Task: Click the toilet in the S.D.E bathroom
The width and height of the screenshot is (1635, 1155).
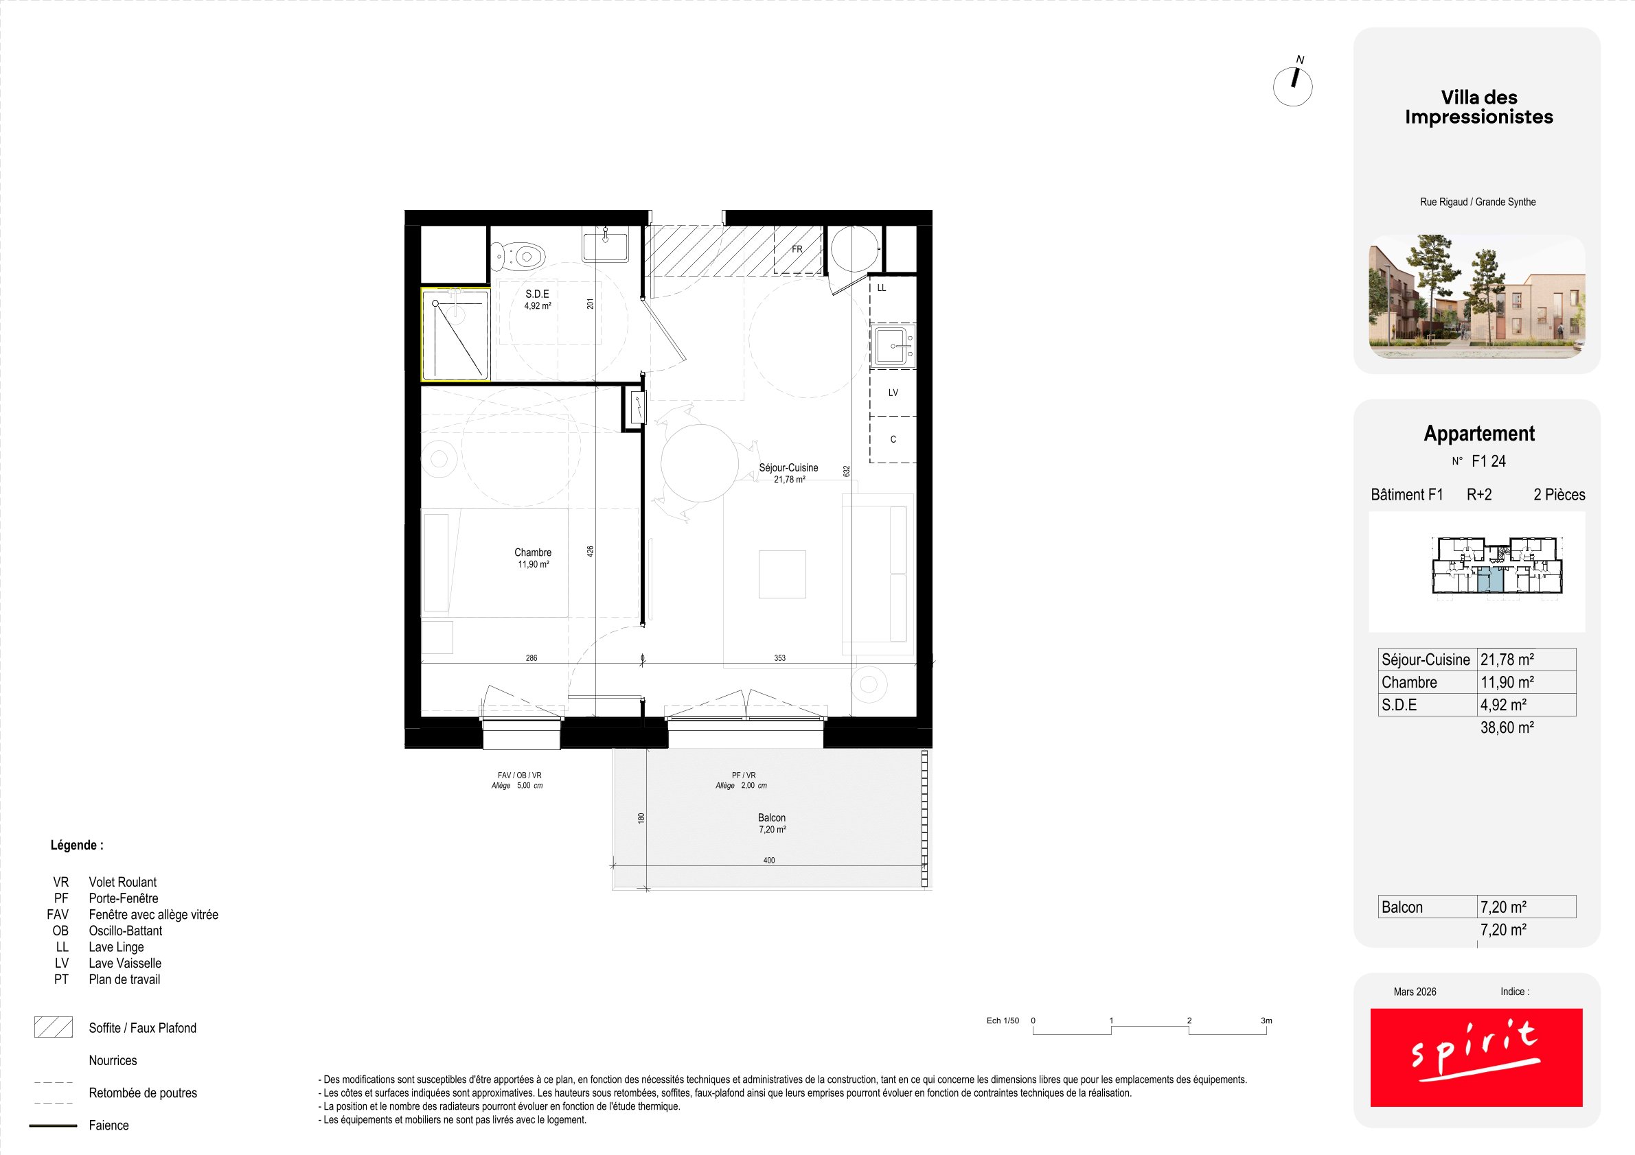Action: tap(518, 255)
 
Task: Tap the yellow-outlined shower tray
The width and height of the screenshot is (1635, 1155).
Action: tap(455, 334)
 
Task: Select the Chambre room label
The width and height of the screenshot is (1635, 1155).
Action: tap(533, 552)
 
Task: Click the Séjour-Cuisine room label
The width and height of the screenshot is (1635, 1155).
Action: tap(788, 467)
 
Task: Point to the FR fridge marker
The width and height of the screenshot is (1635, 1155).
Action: tap(797, 249)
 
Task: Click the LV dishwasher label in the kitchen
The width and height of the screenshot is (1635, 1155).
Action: tap(893, 393)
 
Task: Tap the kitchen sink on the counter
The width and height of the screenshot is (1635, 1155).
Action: tap(893, 346)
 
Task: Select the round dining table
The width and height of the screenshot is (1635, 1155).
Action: tap(699, 463)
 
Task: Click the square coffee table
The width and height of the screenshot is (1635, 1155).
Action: tap(782, 574)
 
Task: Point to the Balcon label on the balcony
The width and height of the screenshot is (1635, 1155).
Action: tap(771, 817)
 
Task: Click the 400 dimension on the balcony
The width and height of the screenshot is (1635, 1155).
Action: tap(769, 861)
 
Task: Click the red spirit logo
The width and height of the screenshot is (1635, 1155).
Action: tap(1476, 1058)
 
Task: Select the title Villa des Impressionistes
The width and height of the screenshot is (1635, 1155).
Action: tap(1479, 107)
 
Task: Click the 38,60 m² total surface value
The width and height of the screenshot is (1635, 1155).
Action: tap(1507, 727)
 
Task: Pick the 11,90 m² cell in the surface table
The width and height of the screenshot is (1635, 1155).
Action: tap(1507, 681)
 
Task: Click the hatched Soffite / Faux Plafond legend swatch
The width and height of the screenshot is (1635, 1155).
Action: tap(54, 1027)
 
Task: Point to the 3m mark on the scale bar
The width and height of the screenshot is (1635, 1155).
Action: tap(1266, 1020)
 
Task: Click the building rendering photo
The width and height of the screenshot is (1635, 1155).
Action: tap(1477, 296)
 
